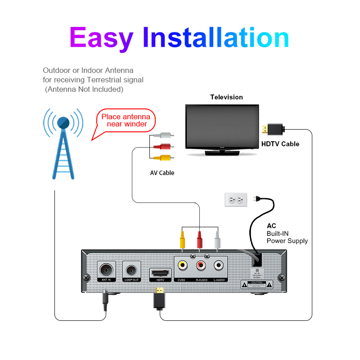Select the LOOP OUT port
pyautogui.click(x=132, y=270)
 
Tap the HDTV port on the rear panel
pyautogui.click(x=160, y=273)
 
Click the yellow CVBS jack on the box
pyautogui.click(x=182, y=266)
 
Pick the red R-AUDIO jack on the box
pyautogui.click(x=200, y=266)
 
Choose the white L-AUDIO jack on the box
pyautogui.click(x=218, y=266)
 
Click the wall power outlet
pyautogui.click(x=236, y=199)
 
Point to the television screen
pyautogui.click(x=222, y=127)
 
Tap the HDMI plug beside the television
pyautogui.click(x=273, y=130)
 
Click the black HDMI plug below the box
pyautogui.click(x=159, y=299)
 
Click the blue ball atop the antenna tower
pyautogui.click(x=63, y=122)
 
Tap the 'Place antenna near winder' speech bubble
pyautogui.click(x=126, y=121)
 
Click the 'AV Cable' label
pyautogui.click(x=162, y=173)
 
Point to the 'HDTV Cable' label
pyautogui.click(x=280, y=144)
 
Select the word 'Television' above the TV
pyautogui.click(x=226, y=97)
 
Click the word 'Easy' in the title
pyautogui.click(x=101, y=38)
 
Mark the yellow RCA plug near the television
pyautogui.click(x=162, y=157)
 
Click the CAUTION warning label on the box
pyautogui.click(x=257, y=284)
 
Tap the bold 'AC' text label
pyautogui.click(x=271, y=226)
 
